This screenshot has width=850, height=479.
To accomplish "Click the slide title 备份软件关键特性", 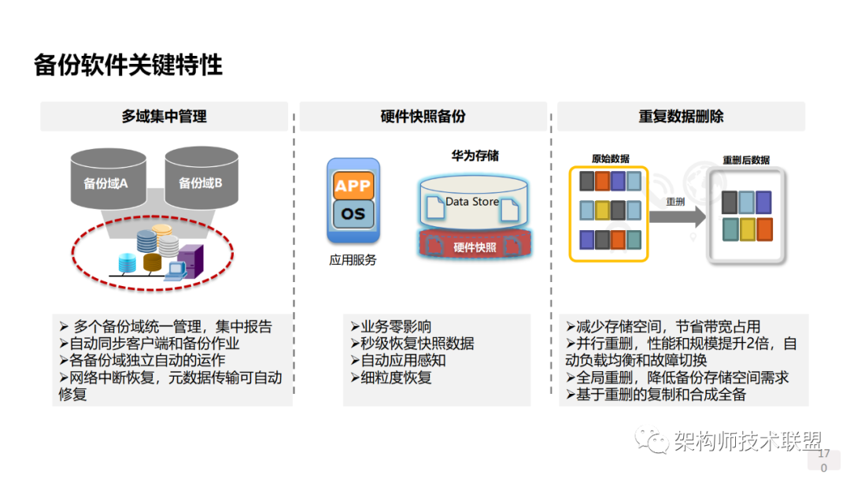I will point(128,65).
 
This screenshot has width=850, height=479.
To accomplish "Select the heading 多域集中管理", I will point(164,117).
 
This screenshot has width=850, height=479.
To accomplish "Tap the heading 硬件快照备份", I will point(423,117).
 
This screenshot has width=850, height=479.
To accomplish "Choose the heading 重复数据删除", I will point(681,117).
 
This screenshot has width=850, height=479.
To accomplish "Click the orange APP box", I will point(353,187).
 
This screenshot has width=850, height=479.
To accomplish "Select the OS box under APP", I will point(353,213).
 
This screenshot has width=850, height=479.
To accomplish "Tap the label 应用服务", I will point(353,260).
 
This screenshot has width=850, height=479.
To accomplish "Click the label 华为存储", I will point(475,156).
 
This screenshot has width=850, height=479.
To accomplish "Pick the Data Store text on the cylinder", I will point(472,202).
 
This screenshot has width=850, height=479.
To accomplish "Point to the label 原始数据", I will point(610,158).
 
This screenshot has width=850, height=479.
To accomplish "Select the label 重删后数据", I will point(746,160).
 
